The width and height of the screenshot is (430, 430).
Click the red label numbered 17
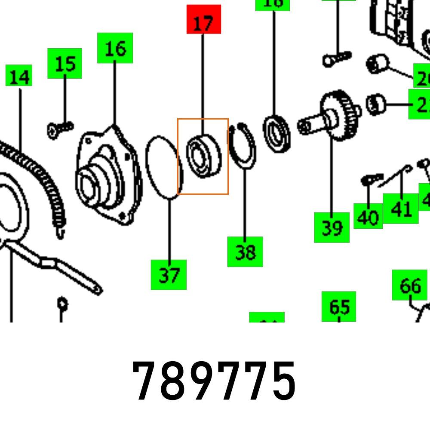click(x=203, y=19)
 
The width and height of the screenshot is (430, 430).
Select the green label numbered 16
click(x=115, y=48)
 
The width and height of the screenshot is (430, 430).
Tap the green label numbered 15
click(x=64, y=63)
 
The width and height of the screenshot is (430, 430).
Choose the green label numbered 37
click(x=169, y=274)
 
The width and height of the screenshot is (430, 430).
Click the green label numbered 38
click(x=245, y=252)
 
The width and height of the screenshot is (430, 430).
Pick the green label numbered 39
click(x=332, y=227)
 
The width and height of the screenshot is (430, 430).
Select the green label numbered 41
click(x=401, y=209)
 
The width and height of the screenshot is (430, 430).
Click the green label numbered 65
click(x=339, y=306)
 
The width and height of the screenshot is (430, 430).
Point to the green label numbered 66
click(x=409, y=285)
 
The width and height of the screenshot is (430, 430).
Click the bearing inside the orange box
click(x=203, y=156)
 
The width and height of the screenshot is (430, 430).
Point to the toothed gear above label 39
click(x=340, y=115)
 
